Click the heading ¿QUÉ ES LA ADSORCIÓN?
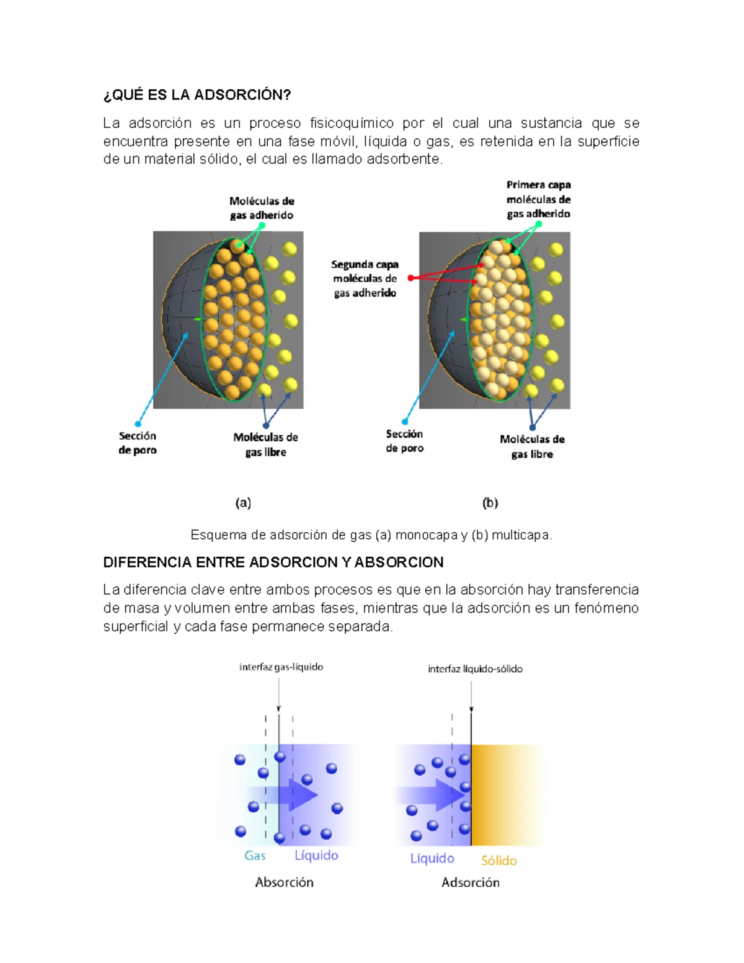(197, 95)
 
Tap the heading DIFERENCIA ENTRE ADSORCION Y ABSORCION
(273, 562)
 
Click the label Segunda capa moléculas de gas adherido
(365, 279)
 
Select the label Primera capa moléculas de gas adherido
(538, 200)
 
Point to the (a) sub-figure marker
(243, 503)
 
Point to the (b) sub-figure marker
(490, 503)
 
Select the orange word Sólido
(499, 861)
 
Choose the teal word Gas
(255, 855)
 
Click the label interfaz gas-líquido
(281, 667)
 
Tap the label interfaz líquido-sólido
(476, 669)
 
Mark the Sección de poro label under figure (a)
(138, 443)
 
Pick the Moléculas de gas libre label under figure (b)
(532, 446)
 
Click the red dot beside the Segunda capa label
(411, 278)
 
